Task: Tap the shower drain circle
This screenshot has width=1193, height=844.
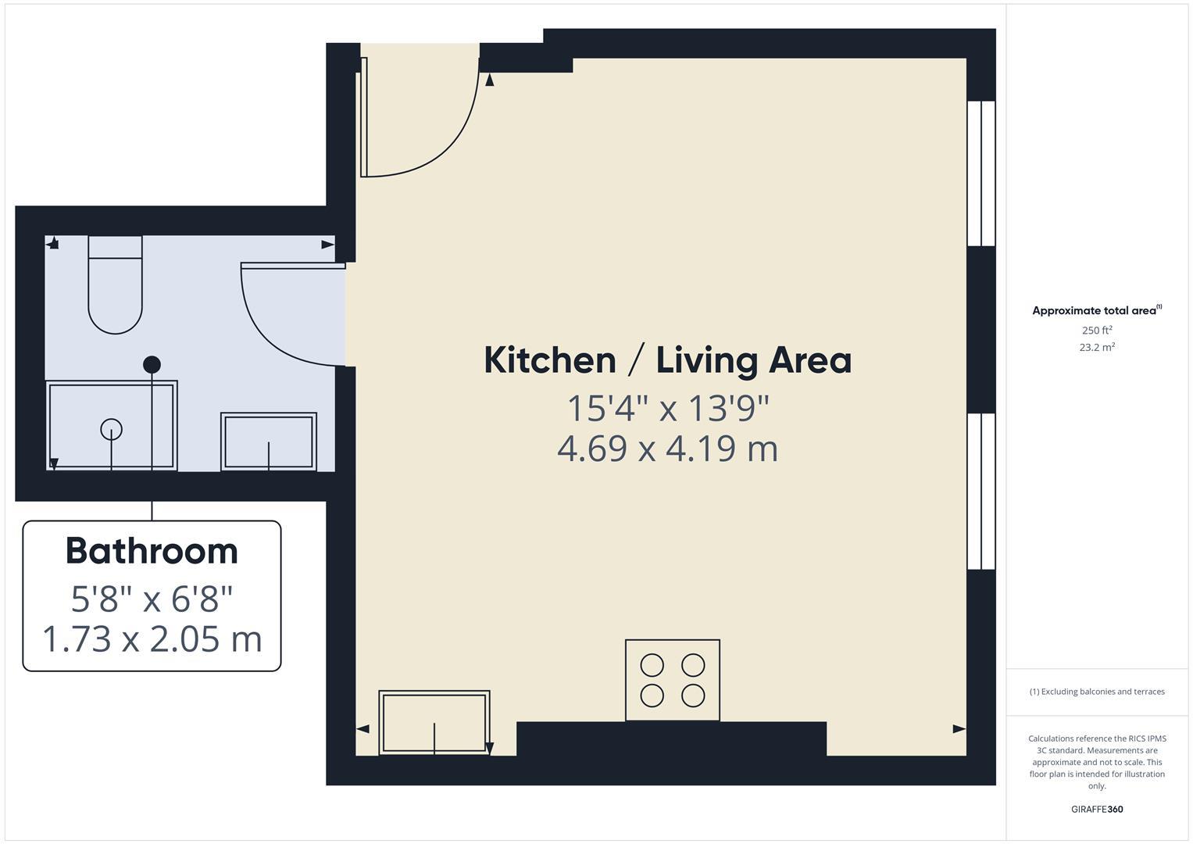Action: click(x=112, y=429)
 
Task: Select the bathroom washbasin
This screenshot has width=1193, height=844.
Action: click(x=269, y=442)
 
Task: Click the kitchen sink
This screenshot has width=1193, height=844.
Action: click(x=434, y=723)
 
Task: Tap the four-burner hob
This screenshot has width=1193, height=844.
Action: click(x=672, y=680)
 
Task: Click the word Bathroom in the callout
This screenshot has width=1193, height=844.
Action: click(x=152, y=551)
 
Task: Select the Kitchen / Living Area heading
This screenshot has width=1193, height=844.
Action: click(x=667, y=360)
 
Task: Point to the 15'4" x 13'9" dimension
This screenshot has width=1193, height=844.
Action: click(x=667, y=408)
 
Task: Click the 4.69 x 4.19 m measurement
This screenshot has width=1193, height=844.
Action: click(x=667, y=449)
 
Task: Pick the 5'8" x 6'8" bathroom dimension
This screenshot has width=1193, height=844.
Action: click(x=152, y=599)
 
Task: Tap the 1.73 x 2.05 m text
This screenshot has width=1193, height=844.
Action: click(x=152, y=639)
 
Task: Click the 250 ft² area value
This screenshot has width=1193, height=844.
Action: click(x=1096, y=331)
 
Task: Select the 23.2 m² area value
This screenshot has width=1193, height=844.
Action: click(x=1096, y=348)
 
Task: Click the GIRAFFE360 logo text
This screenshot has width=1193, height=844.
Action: click(x=1096, y=810)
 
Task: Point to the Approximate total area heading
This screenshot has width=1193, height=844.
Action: click(x=1095, y=311)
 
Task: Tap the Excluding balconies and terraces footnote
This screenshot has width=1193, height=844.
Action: click(x=1096, y=692)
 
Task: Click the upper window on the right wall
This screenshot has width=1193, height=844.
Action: click(x=981, y=173)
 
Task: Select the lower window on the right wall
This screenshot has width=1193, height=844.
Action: click(x=981, y=492)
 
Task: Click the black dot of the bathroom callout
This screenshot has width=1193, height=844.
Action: click(x=152, y=364)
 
